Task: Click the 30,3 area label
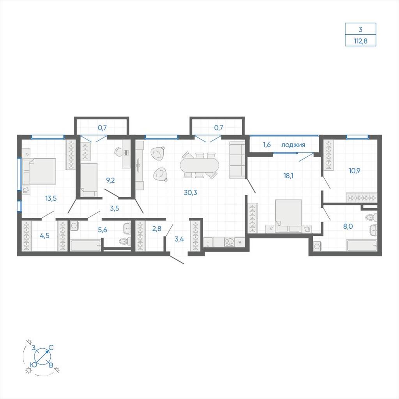(x=190, y=192)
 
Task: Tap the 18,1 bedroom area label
(x=288, y=176)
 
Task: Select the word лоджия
(x=293, y=145)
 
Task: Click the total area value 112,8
(x=360, y=41)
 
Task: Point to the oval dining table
(x=199, y=166)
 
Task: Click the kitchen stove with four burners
(x=229, y=242)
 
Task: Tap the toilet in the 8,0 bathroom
(x=371, y=217)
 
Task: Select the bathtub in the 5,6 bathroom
(x=86, y=246)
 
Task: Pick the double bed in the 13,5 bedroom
(x=39, y=171)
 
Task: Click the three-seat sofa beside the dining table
(x=237, y=160)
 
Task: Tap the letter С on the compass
(x=51, y=348)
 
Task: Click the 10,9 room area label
(x=354, y=171)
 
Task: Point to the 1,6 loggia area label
(x=267, y=145)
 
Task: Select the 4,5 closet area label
(x=44, y=236)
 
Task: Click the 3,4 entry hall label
(x=179, y=239)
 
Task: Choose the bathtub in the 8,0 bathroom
(x=362, y=246)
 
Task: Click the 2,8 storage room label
(x=157, y=228)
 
